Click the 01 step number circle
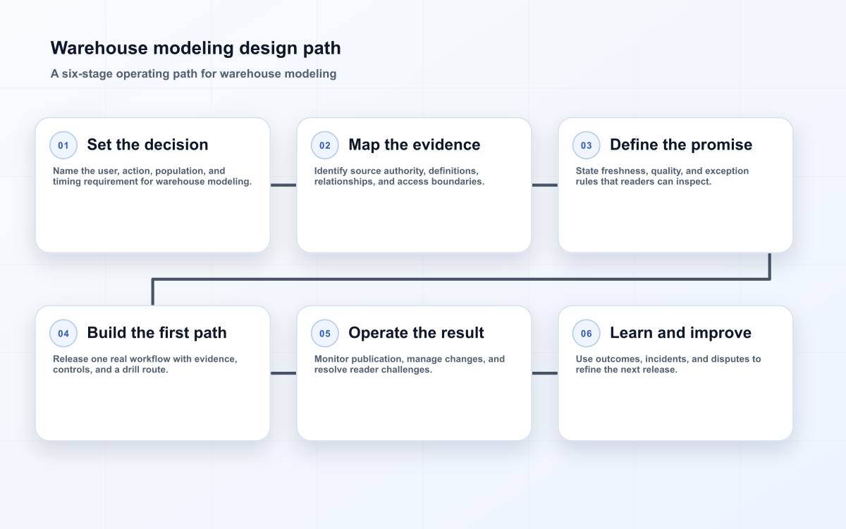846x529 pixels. (x=63, y=145)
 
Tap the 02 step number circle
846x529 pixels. (x=325, y=145)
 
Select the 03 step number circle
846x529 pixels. (x=586, y=145)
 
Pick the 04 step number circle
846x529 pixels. (x=63, y=333)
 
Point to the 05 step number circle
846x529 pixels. (x=325, y=333)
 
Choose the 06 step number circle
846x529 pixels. (x=586, y=333)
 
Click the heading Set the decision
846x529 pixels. (x=147, y=145)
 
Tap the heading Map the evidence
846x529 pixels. (x=415, y=145)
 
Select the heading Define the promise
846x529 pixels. (x=681, y=145)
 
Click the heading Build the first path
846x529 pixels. (x=157, y=333)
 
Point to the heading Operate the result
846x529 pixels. (x=416, y=333)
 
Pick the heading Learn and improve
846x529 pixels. (x=680, y=333)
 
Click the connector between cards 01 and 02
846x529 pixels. (x=283, y=185)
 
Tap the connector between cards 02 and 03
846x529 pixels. (x=544, y=185)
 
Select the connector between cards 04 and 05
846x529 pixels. (x=283, y=373)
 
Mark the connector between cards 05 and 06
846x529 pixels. (x=544, y=373)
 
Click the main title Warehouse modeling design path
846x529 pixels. (x=196, y=49)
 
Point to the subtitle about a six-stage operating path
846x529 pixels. (x=193, y=73)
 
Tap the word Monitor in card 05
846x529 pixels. (x=331, y=359)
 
